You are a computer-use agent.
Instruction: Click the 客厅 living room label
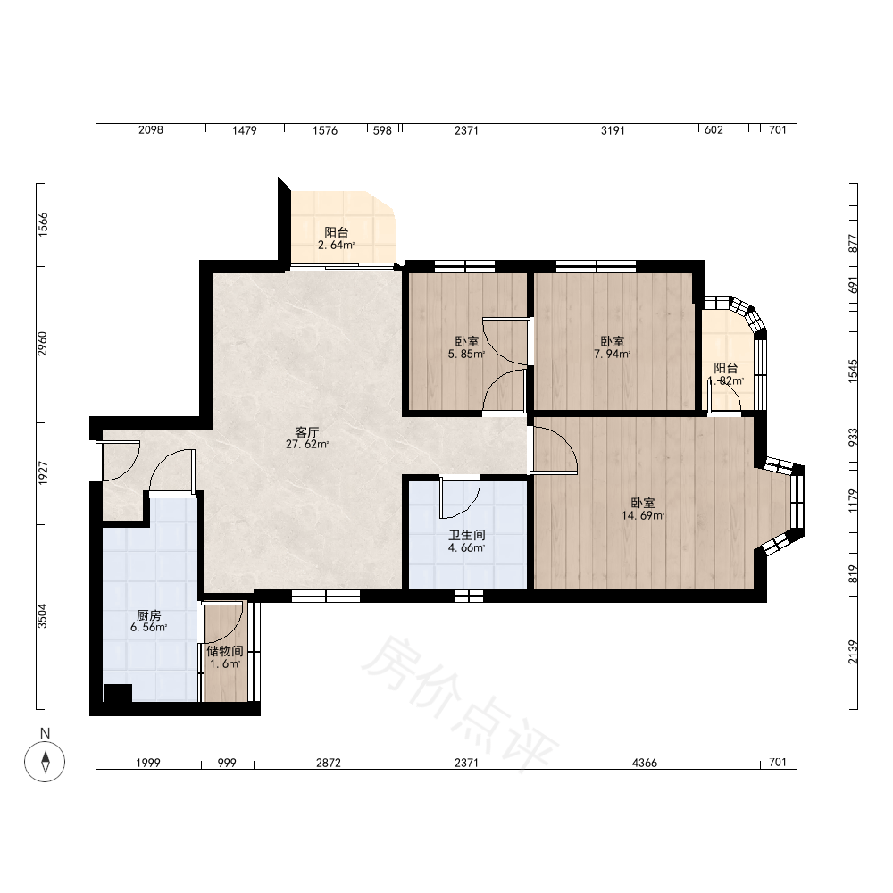(306, 432)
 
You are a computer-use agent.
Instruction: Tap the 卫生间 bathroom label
(467, 535)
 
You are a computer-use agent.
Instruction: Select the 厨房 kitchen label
(148, 615)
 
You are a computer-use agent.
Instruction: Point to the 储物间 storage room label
(225, 651)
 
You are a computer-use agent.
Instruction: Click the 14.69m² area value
(643, 516)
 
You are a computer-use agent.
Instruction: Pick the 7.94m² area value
(613, 355)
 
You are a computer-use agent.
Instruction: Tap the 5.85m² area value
(466, 355)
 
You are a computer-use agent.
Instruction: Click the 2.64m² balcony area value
(336, 246)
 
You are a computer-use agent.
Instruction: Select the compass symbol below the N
(45, 762)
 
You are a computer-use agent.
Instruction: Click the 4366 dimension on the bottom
(645, 763)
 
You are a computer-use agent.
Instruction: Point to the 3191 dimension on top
(613, 130)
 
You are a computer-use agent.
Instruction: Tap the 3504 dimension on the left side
(43, 616)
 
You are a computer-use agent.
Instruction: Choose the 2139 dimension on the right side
(853, 652)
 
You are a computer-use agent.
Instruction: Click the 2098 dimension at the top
(150, 130)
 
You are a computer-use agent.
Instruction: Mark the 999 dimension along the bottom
(227, 763)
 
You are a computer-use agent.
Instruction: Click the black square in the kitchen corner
(117, 693)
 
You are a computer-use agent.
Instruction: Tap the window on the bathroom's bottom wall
(469, 597)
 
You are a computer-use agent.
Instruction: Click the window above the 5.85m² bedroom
(464, 266)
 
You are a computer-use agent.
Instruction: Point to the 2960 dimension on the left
(43, 344)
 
